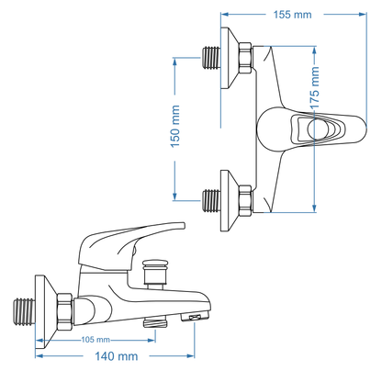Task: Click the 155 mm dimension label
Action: (x=292, y=14)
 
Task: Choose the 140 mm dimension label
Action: (x=118, y=355)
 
